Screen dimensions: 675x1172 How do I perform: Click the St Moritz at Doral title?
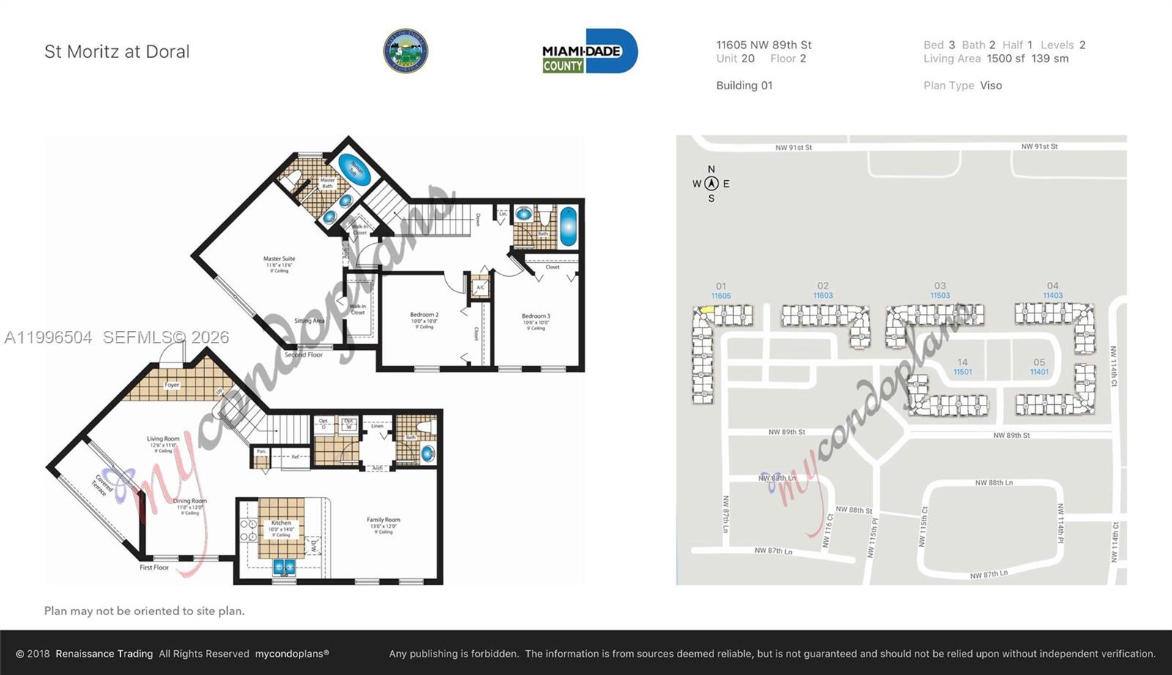pos(117,52)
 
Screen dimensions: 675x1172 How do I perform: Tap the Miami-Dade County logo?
pos(590,51)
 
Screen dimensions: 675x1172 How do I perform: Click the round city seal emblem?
pos(405,51)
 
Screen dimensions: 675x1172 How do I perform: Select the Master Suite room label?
pos(279,259)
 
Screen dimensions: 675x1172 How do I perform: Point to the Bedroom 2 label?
pos(424,315)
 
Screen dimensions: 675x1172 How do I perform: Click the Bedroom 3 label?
pos(536,316)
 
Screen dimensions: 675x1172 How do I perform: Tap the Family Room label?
pos(383,521)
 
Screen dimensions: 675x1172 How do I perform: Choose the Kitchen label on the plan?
pos(281,523)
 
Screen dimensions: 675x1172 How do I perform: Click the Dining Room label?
pos(190,501)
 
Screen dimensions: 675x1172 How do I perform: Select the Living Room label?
pos(163,439)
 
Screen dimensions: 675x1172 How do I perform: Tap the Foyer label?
pos(171,385)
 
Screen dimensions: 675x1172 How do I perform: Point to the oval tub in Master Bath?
pos(354,170)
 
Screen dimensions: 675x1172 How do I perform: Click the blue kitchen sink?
pos(283,567)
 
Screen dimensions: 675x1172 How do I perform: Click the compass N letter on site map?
pos(711,169)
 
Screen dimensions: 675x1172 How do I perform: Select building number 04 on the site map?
pos(1053,286)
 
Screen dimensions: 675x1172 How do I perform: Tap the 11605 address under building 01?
pos(721,296)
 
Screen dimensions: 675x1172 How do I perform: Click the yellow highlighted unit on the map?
pos(707,310)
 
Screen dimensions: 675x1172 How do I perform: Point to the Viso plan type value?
pos(990,86)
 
